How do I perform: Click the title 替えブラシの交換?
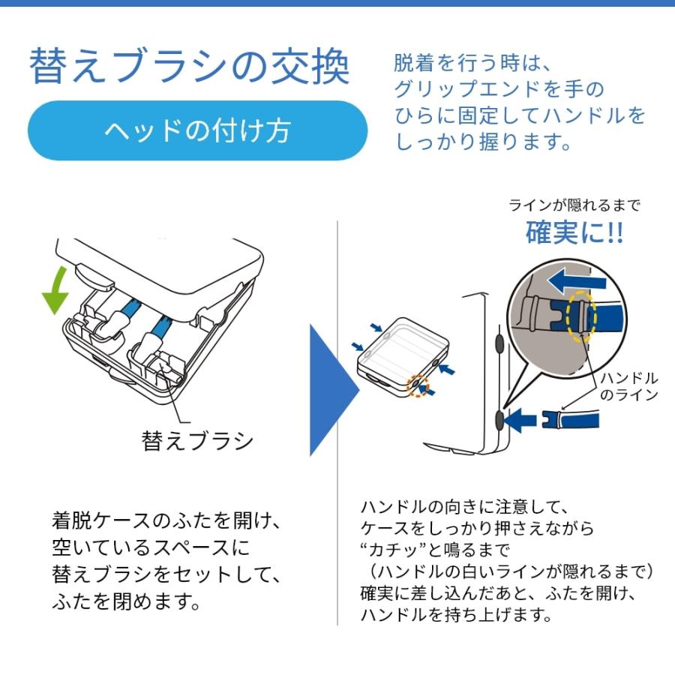click(x=189, y=67)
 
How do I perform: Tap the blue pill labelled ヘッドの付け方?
click(x=196, y=130)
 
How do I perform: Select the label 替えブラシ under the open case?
click(x=197, y=439)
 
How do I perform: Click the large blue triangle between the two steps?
click(x=333, y=389)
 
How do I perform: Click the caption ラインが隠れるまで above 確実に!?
click(x=574, y=205)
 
